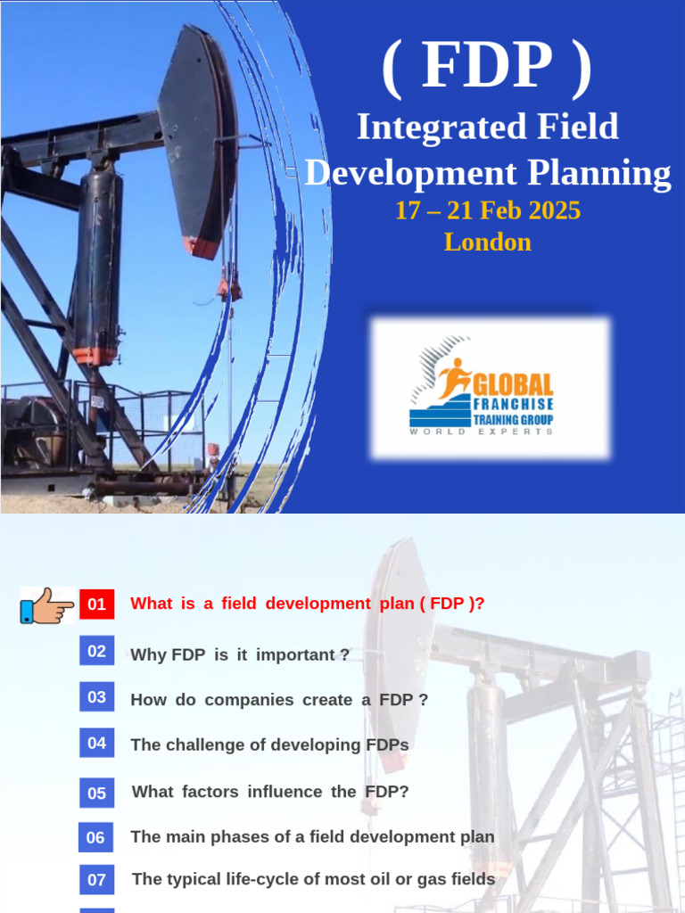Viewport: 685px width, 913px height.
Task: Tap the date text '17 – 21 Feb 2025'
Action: point(488,211)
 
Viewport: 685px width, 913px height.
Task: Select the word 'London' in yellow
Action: point(488,243)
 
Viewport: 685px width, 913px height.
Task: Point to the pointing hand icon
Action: point(47,605)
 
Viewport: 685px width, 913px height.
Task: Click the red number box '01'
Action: point(96,605)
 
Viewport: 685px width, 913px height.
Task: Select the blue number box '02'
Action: point(96,651)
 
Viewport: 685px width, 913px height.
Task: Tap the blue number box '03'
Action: point(96,697)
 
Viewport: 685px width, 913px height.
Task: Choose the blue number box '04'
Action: point(96,743)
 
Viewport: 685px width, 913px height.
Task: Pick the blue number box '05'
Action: point(96,793)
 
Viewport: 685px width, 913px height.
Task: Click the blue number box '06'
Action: point(96,837)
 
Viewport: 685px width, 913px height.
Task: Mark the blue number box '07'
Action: point(96,880)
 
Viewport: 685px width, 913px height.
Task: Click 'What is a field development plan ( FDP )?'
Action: point(308,604)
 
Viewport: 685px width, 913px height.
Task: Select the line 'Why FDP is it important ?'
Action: point(240,654)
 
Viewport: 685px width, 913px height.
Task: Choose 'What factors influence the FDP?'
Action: point(270,792)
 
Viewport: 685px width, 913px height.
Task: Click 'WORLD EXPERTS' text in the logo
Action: point(482,432)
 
